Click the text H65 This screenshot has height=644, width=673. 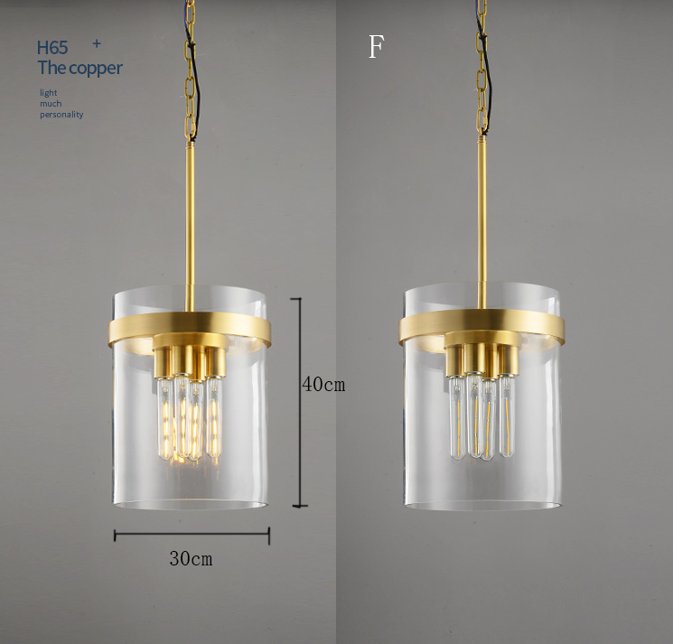52,48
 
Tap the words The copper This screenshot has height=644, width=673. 79,68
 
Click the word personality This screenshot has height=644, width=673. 61,115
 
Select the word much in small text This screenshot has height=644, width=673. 51,103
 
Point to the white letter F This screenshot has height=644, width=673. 376,46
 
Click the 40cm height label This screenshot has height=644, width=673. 323,384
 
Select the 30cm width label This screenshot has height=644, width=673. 191,558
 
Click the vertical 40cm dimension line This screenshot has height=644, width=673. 300,402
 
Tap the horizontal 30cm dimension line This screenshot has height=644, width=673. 192,535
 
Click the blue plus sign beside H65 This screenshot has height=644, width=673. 97,43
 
